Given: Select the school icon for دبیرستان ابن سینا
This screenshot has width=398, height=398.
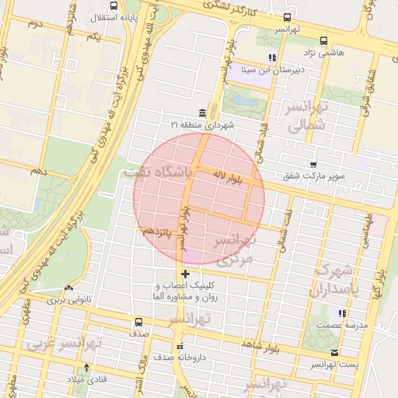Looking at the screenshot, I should [x=272, y=58].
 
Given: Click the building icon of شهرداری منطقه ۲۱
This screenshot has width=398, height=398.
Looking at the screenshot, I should [x=202, y=112].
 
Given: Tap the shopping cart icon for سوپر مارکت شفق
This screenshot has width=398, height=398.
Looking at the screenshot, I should [x=313, y=165].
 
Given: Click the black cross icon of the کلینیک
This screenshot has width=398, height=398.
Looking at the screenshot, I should [x=185, y=274].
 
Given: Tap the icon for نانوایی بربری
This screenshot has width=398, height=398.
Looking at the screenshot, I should [x=68, y=287].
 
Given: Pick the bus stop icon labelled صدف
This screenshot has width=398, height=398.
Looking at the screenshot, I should [x=138, y=321].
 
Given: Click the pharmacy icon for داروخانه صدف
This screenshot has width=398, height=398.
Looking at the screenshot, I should [x=180, y=347].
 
